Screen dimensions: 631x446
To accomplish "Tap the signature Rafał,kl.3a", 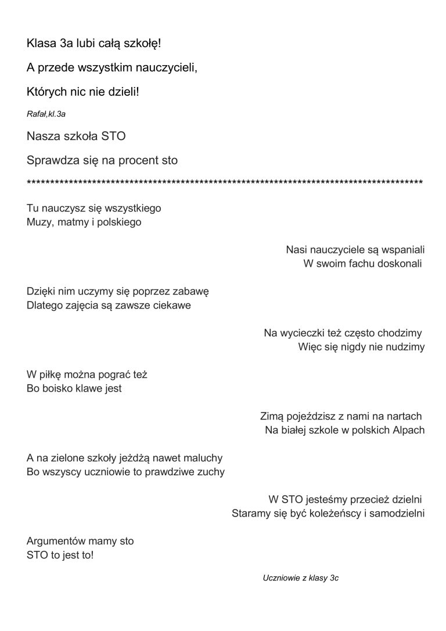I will (42, 114).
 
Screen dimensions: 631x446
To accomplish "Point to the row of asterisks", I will (225, 183).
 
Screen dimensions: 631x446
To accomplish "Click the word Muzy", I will (39, 222).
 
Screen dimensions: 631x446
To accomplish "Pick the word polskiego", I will (120, 222).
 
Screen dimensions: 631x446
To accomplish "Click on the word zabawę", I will (189, 292).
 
